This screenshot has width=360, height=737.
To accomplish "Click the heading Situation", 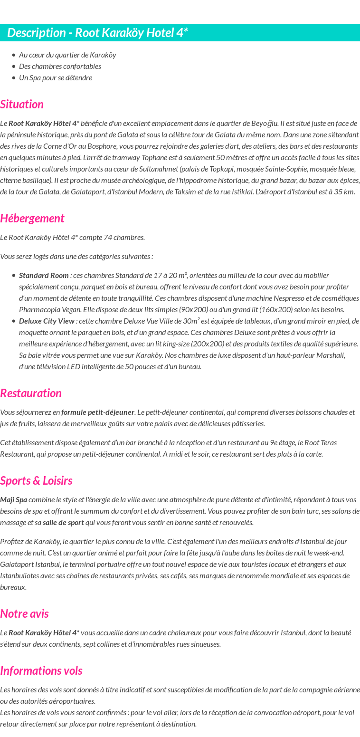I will click(22, 104).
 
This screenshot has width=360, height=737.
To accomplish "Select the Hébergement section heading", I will click(32, 218).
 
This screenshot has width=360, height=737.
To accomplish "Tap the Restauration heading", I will click(31, 393).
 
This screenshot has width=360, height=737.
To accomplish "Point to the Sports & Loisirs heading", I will click(36, 480).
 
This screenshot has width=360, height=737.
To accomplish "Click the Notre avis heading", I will click(24, 613).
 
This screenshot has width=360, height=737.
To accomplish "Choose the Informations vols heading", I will click(41, 670).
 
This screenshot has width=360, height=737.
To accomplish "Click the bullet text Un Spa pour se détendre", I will click(56, 77).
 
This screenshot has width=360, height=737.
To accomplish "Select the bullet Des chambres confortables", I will click(60, 66).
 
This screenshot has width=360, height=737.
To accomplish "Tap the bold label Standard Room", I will click(44, 275).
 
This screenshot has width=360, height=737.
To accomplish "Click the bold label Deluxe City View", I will click(47, 321).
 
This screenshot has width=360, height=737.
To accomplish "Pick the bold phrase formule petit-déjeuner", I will click(98, 412).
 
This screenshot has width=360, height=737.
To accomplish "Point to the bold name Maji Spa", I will click(14, 499).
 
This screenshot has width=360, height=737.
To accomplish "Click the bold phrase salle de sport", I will click(63, 522).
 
